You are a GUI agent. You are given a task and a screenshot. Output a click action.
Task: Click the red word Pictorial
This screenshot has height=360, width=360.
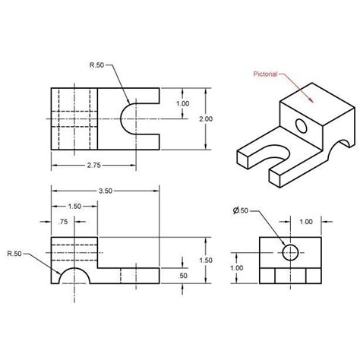(268, 74)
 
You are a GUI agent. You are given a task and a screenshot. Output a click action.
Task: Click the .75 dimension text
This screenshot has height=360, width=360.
(63, 221)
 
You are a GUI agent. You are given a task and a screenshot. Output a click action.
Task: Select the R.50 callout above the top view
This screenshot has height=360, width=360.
(96, 66)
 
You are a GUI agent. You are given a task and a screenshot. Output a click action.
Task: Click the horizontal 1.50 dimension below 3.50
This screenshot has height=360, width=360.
(74, 206)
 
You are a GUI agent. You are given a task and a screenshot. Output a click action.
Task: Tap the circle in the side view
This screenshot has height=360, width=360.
(289, 251)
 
